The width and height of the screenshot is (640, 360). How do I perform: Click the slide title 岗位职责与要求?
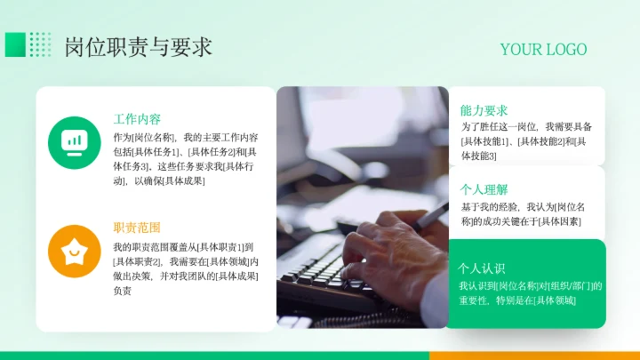pyautogui.click(x=138, y=46)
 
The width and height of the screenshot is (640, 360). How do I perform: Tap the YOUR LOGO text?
pyautogui.click(x=543, y=49)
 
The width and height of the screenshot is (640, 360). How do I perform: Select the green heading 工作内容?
pyautogui.click(x=137, y=119)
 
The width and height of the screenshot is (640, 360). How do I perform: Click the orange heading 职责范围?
pyautogui.click(x=137, y=228)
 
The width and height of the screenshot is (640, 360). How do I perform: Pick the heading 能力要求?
pyautogui.click(x=484, y=110)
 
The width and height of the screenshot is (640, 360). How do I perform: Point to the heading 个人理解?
pyautogui.click(x=484, y=189)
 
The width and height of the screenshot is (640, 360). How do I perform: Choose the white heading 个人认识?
pyautogui.click(x=481, y=268)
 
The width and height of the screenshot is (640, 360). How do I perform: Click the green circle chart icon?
pyautogui.click(x=74, y=141)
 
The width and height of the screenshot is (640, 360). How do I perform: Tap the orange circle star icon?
pyautogui.click(x=74, y=251)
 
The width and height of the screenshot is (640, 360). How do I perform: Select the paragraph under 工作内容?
pyautogui.click(x=185, y=159)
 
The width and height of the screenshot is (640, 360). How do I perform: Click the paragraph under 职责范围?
pyautogui.click(x=185, y=268)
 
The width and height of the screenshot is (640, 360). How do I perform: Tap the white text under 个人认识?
pyautogui.click(x=530, y=293)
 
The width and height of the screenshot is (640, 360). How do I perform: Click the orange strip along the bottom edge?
pyautogui.click(x=533, y=355)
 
